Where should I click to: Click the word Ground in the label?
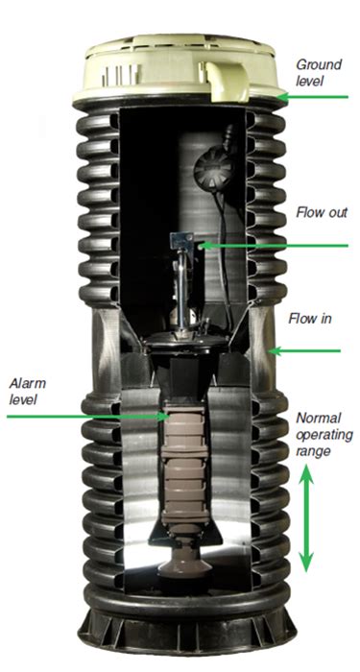tap(320, 65)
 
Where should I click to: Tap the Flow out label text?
tap(322, 212)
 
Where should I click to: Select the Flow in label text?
tap(309, 319)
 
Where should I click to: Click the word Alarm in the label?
tap(28, 383)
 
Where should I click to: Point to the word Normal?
tap(319, 418)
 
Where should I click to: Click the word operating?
tap(324, 436)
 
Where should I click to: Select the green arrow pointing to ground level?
tap(312, 97)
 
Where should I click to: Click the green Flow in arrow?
tap(304, 351)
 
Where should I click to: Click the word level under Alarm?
tap(24, 400)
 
